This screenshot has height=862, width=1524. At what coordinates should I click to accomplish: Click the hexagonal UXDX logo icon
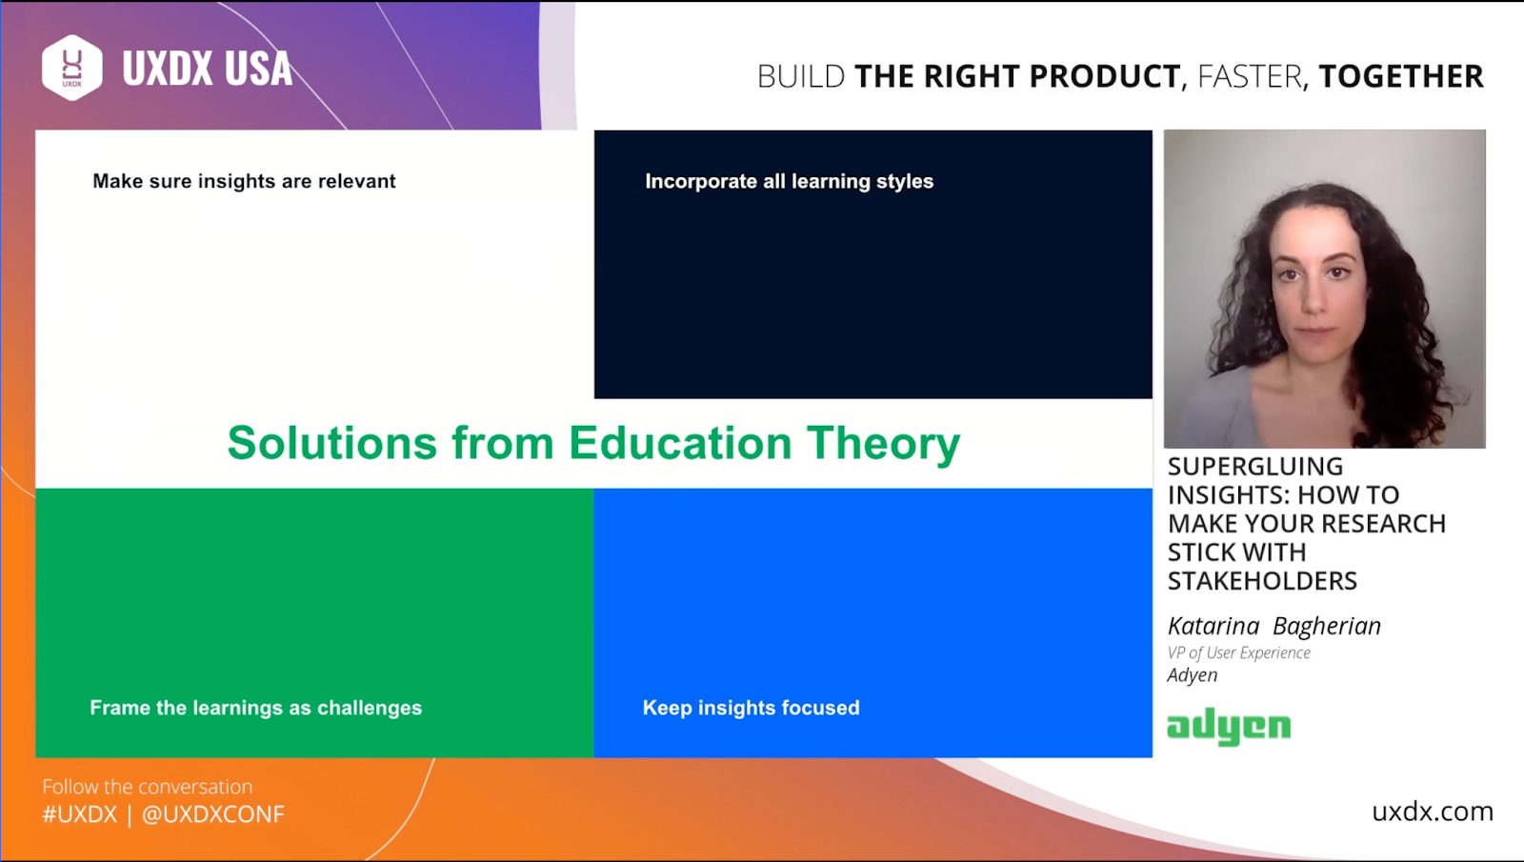(x=72, y=68)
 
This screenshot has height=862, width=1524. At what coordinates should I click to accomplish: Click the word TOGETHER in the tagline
(x=1401, y=76)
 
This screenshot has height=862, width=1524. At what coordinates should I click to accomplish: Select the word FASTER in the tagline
(x=1250, y=76)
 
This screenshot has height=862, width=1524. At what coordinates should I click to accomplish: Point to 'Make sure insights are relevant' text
(x=244, y=181)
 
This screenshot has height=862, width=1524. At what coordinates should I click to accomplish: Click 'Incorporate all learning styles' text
(x=790, y=181)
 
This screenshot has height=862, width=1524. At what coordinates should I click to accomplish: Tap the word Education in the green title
(x=680, y=443)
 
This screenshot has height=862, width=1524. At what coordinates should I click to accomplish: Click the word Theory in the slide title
(x=884, y=445)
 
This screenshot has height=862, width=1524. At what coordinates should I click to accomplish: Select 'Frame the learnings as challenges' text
(x=256, y=708)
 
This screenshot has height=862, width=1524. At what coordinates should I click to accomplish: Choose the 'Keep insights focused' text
(x=752, y=708)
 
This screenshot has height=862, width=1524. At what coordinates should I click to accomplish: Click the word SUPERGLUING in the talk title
(x=1255, y=466)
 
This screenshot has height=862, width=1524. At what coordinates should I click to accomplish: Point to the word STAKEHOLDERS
(x=1262, y=581)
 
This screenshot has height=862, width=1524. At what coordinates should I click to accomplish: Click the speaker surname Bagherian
(x=1327, y=626)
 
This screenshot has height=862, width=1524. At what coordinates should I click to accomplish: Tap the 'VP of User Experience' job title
(x=1239, y=652)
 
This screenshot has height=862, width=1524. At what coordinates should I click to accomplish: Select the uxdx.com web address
(x=1433, y=812)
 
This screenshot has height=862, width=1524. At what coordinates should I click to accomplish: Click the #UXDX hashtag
(x=80, y=814)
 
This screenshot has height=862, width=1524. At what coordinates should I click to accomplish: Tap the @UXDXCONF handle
(x=213, y=814)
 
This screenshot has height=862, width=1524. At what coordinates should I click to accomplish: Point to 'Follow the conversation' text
(x=147, y=787)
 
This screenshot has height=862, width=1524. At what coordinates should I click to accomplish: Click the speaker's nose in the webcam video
(x=1314, y=300)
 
